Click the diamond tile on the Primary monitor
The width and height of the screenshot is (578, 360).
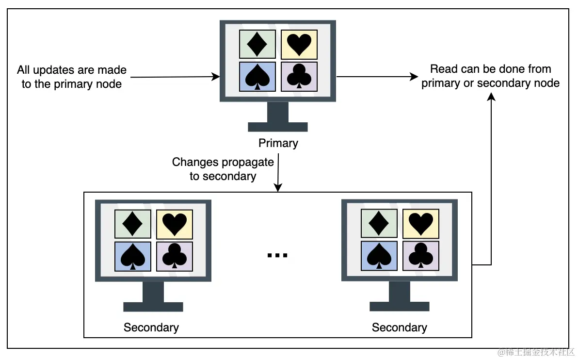coord(257,44)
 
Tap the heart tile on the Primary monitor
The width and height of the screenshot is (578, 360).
coord(299,44)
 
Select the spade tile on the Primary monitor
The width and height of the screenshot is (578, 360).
coord(257,77)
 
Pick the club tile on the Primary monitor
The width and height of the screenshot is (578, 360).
coord(299,77)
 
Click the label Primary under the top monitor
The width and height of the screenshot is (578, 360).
coord(278,143)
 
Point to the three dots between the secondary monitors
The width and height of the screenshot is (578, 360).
coord(277,255)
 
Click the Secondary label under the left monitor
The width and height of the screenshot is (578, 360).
coord(151,327)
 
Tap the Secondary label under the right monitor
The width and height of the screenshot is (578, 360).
coord(399,327)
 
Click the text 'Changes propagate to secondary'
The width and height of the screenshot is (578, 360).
coord(223,169)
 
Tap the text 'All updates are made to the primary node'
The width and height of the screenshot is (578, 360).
coord(72,77)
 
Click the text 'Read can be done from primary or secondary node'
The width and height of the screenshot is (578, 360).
coord(490,76)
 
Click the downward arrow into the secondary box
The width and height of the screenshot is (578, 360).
coord(278,175)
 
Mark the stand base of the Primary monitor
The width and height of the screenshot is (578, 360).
coord(278,127)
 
